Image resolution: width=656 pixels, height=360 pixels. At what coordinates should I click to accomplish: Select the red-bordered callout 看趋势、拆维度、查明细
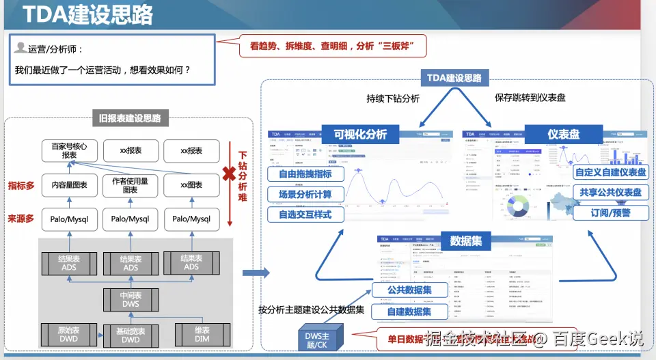tap(333, 46)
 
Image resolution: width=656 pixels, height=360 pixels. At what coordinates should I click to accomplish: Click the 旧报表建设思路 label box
tap(130, 118)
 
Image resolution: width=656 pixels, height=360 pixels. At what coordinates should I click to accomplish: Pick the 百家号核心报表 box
tap(69, 150)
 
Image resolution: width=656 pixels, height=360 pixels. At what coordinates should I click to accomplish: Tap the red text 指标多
tap(21, 185)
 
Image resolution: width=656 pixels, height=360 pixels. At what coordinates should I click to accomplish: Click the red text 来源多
tap(21, 219)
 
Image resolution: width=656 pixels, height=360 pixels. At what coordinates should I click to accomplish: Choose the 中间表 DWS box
tap(130, 299)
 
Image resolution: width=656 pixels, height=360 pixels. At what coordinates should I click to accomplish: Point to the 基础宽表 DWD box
tap(130, 335)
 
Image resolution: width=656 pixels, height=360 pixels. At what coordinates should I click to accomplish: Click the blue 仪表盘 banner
tap(563, 134)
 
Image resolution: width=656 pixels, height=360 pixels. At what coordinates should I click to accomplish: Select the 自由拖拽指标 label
tap(305, 174)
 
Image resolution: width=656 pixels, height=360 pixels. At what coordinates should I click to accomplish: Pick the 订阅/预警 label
tap(610, 212)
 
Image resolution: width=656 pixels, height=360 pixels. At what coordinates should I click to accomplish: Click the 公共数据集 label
tap(409, 290)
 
